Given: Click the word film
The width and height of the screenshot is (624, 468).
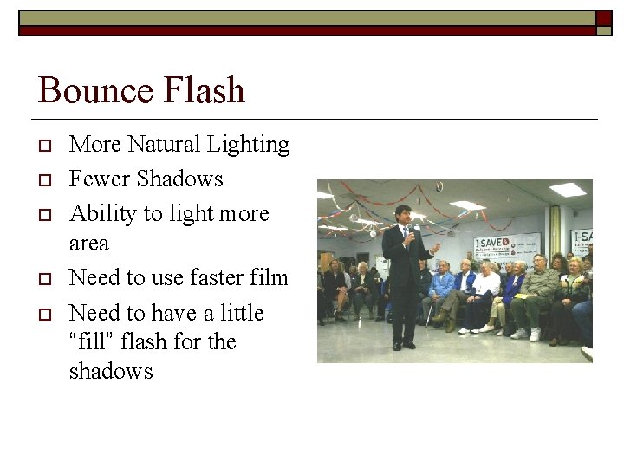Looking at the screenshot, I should coord(269,277).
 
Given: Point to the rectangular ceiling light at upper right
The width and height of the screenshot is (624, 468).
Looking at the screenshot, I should coord(568,189).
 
